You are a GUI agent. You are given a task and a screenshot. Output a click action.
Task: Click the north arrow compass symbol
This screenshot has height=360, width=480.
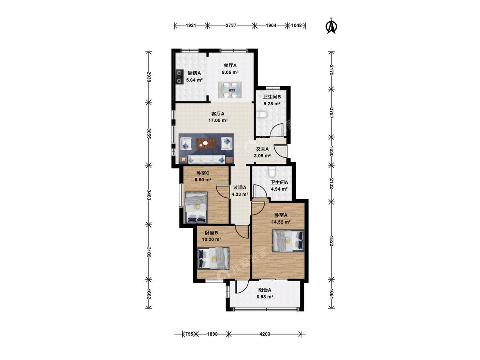(331, 26)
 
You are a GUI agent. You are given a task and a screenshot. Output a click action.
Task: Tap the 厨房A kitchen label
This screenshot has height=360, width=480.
(194, 73)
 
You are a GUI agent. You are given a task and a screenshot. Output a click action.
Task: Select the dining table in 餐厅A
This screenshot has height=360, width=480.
(230, 90)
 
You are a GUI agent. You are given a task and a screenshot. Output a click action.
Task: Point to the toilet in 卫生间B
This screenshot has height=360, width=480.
(262, 115)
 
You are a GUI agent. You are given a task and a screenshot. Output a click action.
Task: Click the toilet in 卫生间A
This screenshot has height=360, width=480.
(271, 172)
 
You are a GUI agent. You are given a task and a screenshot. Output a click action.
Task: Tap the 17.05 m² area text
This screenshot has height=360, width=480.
(218, 121)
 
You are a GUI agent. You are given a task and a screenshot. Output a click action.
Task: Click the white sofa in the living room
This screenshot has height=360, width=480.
(207, 159)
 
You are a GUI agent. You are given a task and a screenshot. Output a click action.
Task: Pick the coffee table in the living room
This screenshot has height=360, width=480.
(206, 143)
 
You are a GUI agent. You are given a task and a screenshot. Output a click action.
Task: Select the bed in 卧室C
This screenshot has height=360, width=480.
(196, 207)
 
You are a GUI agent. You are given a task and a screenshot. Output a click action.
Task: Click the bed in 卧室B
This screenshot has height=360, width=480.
(214, 258)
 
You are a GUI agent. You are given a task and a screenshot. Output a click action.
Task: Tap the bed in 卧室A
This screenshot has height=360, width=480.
(288, 241)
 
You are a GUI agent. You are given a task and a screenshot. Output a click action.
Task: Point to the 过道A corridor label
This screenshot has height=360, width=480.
(240, 187)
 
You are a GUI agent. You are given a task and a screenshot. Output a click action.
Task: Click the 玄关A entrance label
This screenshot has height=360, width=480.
(262, 149)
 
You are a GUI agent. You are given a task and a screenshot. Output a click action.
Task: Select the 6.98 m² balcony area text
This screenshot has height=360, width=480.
(265, 296)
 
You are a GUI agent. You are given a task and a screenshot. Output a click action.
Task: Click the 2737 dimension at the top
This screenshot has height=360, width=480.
(231, 26)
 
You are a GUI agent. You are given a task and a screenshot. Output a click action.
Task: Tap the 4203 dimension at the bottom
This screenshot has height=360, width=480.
(265, 334)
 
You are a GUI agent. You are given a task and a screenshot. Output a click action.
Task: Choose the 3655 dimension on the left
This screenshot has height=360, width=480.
(149, 134)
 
